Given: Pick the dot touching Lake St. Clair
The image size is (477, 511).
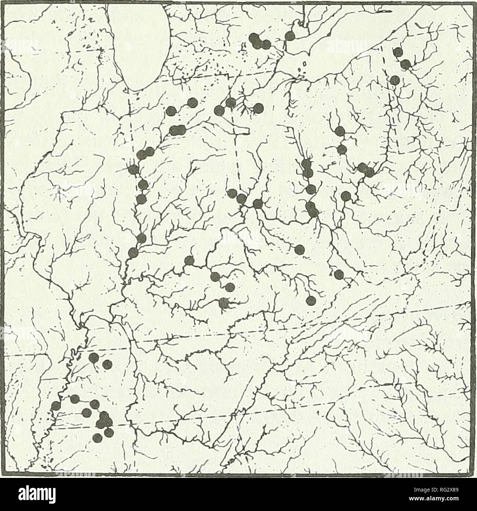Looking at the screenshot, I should click(x=290, y=36).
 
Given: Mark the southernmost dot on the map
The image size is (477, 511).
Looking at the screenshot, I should click(x=98, y=437).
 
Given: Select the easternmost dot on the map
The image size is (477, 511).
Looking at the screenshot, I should click(x=406, y=65).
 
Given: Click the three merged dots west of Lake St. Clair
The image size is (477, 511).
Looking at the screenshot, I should click(x=260, y=41).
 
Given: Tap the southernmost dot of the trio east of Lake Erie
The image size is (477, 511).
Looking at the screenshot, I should click(x=395, y=79).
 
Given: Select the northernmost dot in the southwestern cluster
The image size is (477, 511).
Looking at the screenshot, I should click(x=95, y=357).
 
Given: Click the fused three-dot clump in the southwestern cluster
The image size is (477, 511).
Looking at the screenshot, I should click(x=103, y=421).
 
